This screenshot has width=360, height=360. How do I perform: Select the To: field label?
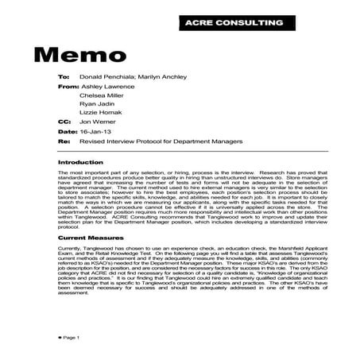64,78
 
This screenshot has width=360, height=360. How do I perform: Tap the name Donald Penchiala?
106,78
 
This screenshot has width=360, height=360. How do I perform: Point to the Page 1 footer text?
68,338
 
